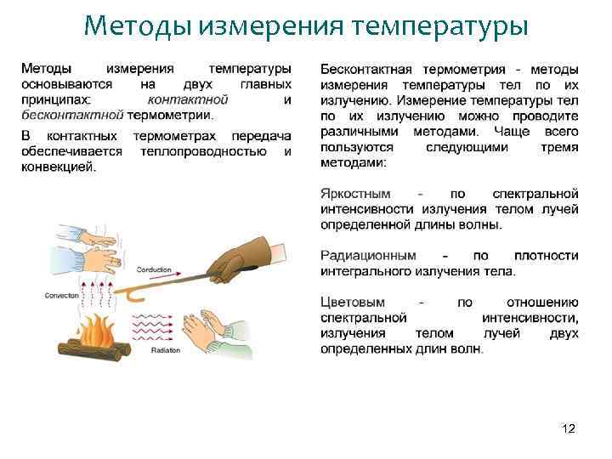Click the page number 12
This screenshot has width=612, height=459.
coord(569,428)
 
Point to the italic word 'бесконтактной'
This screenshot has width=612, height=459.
coord(72,115)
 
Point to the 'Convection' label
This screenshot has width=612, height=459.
coord(59,295)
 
